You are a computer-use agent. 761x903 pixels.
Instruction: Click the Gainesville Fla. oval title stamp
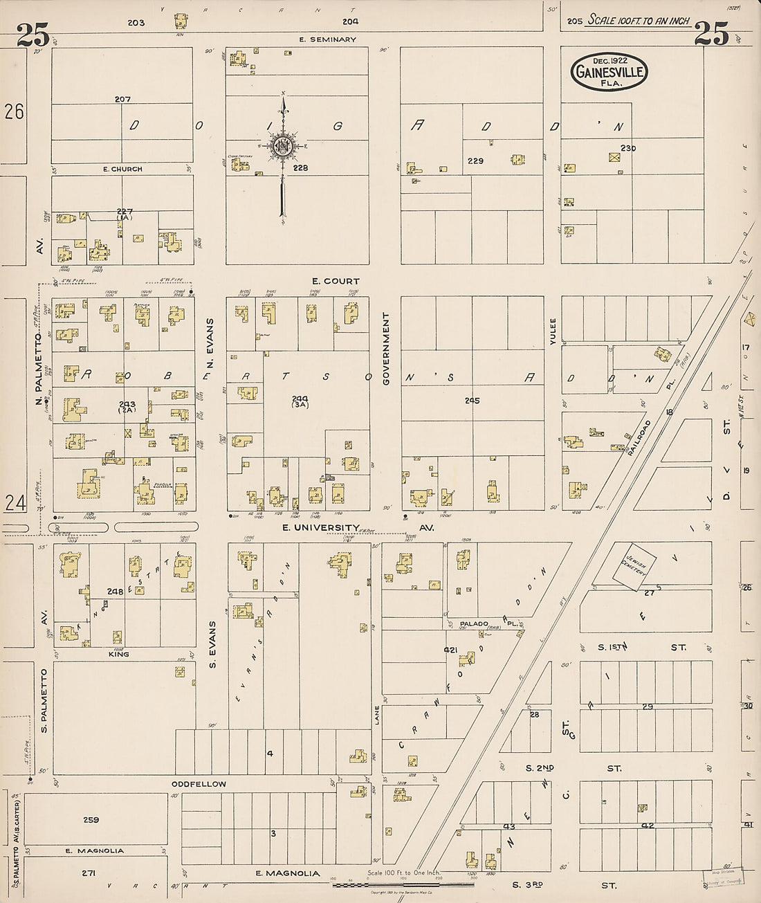pyautogui.click(x=609, y=71)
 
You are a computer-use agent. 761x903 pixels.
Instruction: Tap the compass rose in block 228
pyautogui.click(x=283, y=145)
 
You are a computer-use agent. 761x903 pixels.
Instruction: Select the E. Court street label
pyautogui.click(x=336, y=281)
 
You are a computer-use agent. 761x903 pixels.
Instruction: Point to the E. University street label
pyautogui.click(x=320, y=527)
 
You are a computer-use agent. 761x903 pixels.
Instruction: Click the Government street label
pyautogui.click(x=386, y=348)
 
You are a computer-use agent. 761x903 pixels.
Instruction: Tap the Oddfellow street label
pyautogui.click(x=199, y=784)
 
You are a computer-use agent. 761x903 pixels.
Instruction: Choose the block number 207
pyautogui.click(x=122, y=100)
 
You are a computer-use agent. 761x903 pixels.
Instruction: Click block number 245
pyautogui.click(x=472, y=400)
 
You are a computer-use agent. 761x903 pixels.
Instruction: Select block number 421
pyautogui.click(x=450, y=650)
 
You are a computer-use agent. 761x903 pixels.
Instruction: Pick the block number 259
pyautogui.click(x=91, y=820)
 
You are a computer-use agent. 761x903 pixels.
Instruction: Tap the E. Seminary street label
pyautogui.click(x=327, y=39)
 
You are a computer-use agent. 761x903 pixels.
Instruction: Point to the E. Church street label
pyautogui.click(x=122, y=169)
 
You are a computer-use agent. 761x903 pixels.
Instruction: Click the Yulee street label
pyautogui.click(x=553, y=331)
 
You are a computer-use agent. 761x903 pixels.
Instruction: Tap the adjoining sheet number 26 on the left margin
pyautogui.click(x=14, y=111)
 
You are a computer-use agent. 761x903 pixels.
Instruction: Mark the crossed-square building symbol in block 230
pyautogui.click(x=613, y=157)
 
